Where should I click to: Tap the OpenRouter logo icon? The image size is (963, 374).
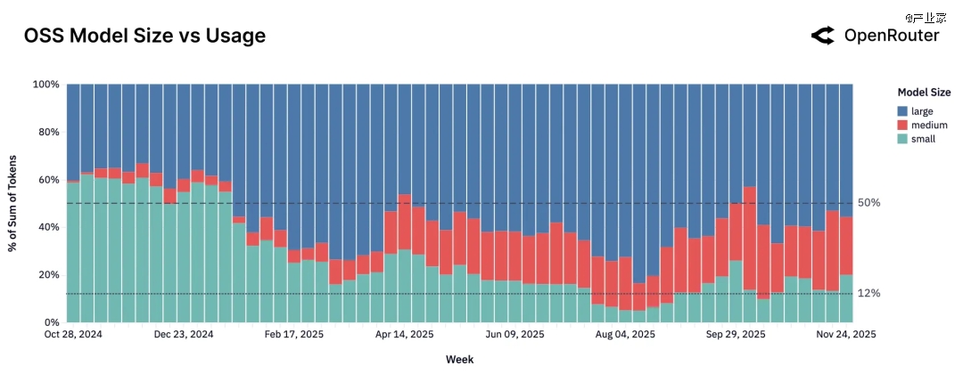coord(822,36)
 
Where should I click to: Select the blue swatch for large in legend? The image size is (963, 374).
coord(902,110)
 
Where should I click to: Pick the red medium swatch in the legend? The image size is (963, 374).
coord(902,125)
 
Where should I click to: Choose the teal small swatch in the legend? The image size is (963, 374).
coord(902,139)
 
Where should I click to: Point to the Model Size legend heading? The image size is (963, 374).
coord(923,93)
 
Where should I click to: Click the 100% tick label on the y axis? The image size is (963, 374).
coord(45,85)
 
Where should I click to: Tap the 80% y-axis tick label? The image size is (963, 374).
coord(47,132)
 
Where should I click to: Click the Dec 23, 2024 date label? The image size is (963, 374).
coord(184,335)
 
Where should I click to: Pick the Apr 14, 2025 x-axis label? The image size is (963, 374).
coord(404,335)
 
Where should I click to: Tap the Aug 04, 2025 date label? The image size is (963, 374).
coord(625,335)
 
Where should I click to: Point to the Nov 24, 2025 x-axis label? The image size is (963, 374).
coord(847,335)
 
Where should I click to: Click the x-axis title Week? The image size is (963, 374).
coord(460,360)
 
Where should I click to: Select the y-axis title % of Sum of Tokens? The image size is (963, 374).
coord(14,203)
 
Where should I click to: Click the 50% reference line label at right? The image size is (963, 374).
coord(869,203)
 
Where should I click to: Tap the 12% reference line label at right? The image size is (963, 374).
coord(869,294)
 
